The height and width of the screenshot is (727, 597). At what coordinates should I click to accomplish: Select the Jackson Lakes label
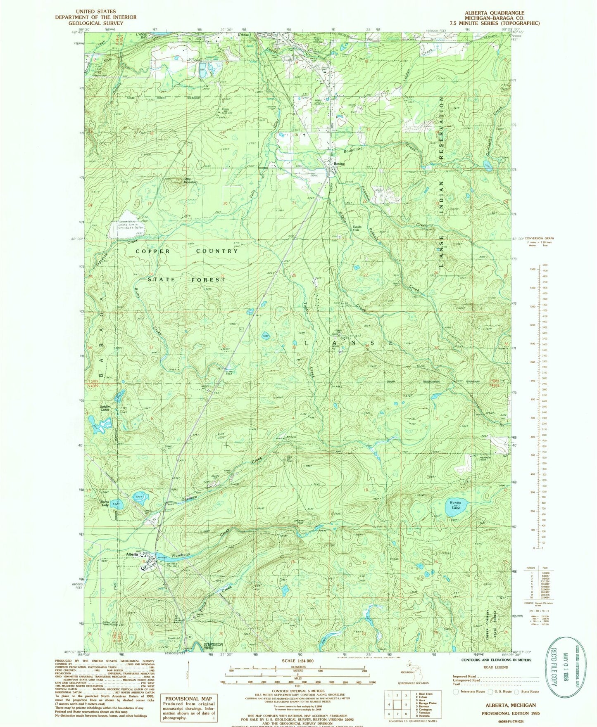pos(105,408)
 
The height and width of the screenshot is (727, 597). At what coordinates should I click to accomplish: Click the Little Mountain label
pos(190,180)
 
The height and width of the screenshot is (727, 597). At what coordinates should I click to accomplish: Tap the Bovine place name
pos(339,164)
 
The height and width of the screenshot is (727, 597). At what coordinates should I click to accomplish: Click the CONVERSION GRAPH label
pos(542,238)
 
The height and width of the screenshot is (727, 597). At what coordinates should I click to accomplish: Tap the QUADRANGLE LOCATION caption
pos(413,683)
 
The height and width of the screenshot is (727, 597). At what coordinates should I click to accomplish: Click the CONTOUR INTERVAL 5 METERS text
pos(296,690)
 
